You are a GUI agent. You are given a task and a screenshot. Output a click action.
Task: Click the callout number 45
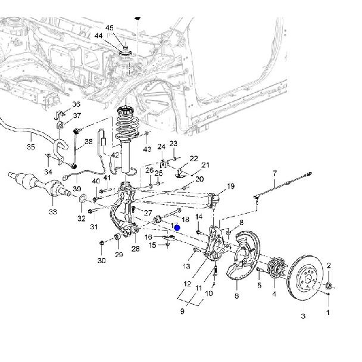(109, 28)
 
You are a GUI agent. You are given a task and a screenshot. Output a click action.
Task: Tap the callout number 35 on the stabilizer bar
(31, 146)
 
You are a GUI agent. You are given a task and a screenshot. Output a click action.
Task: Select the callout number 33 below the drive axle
(52, 211)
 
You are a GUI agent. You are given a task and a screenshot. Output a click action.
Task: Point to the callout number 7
(275, 173)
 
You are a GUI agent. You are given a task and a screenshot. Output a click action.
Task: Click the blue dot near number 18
(177, 228)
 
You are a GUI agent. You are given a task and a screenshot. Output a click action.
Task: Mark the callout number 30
(101, 261)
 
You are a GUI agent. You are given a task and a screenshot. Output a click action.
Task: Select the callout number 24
(161, 146)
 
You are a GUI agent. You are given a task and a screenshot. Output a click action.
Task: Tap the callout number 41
(107, 177)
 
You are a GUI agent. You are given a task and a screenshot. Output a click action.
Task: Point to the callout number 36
(76, 105)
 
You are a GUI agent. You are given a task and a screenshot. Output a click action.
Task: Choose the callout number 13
(186, 266)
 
